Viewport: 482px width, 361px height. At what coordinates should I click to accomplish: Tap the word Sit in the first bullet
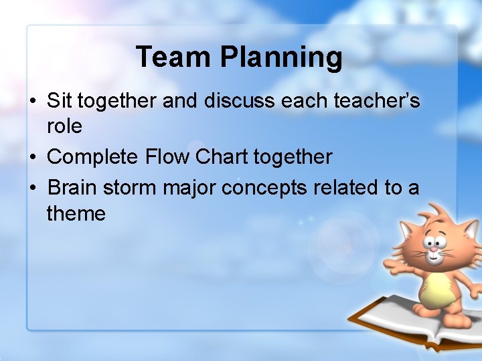pos(59,100)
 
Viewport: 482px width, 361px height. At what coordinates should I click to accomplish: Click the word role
pos(64,126)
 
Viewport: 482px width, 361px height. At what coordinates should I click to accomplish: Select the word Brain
pos(72,188)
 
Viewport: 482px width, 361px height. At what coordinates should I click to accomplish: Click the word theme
pos(76,214)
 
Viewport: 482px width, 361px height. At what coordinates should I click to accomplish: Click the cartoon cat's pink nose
pos(433,249)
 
